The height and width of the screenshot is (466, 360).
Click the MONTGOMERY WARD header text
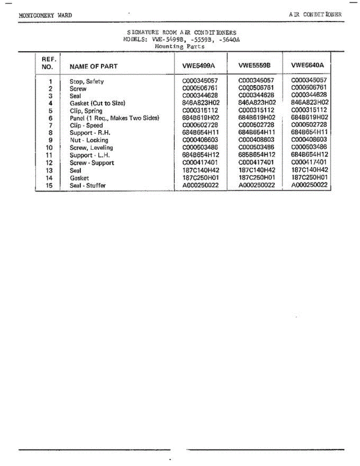[x=45, y=16]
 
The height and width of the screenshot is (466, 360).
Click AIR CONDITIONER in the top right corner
[x=315, y=14]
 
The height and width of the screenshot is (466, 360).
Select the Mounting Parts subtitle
[x=179, y=46]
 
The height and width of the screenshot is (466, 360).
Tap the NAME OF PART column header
[x=93, y=66]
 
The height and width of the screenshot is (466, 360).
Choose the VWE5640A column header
[x=307, y=65]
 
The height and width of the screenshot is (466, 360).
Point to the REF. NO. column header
[x=49, y=63]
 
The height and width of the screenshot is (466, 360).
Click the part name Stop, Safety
[x=87, y=82]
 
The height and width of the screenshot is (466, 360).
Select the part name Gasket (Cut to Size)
[x=97, y=103]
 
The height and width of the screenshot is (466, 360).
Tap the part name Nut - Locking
[x=89, y=140]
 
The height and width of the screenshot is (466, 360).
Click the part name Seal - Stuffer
[x=87, y=186]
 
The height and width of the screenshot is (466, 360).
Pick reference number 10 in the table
[x=49, y=148]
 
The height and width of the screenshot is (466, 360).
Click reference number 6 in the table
[x=50, y=118]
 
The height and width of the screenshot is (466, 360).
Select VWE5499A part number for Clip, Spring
[x=200, y=111]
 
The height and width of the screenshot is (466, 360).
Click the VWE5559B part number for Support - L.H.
[x=257, y=155]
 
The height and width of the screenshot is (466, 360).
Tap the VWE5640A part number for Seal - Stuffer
[x=310, y=185]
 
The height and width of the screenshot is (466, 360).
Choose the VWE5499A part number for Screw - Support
[x=200, y=163]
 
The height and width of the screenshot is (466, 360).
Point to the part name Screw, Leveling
[x=91, y=148]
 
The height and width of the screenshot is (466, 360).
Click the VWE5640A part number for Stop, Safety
[x=309, y=80]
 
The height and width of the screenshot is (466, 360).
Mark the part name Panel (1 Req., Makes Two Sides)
[x=114, y=118]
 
